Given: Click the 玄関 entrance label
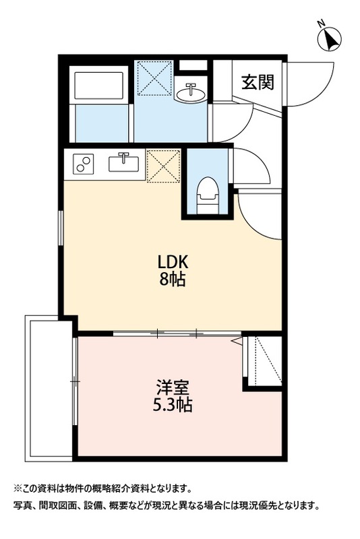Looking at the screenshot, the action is pos(258,82).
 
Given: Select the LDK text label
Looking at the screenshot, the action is pos(173,263).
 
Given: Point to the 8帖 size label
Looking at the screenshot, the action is pos(172,280).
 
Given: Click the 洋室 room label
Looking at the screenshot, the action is pos(173,387).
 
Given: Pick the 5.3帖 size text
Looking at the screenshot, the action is pos(173,405).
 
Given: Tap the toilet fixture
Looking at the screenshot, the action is pos(208,195).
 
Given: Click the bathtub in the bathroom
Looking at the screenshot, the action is pos(98,86).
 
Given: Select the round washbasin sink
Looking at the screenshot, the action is pos(190,92).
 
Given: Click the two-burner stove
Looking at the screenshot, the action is pos(84,164).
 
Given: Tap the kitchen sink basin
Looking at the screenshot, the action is pos(124,163).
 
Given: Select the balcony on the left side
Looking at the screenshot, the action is pos(49,388).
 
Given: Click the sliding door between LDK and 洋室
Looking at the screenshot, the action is pos(177,333).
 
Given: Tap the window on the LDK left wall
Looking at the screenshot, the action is pos(61,228).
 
